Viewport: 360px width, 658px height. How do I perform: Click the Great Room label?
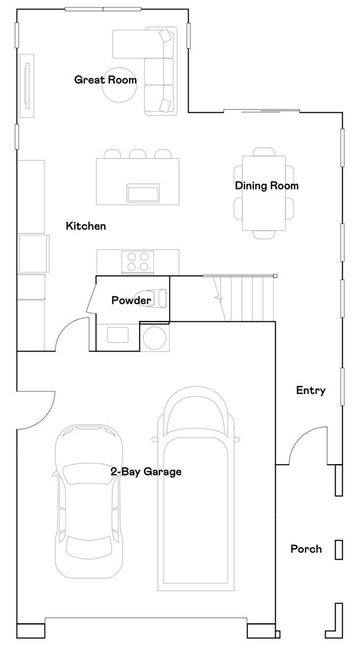pos(106,80)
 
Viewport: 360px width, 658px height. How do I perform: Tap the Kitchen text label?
pos(86,226)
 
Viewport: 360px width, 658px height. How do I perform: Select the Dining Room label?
pos(267,186)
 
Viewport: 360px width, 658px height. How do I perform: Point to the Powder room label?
pos(131,300)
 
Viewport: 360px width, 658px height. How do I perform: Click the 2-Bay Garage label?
pos(146,472)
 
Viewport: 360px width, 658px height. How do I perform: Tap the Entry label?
pos(311,391)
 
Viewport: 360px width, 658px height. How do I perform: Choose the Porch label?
pos(306,549)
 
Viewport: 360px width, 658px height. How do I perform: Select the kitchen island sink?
pos(143,193)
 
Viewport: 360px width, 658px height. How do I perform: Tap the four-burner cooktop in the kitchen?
pos(137,262)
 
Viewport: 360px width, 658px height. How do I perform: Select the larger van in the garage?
pos(199,489)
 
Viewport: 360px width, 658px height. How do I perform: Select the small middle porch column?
pos(339,550)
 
